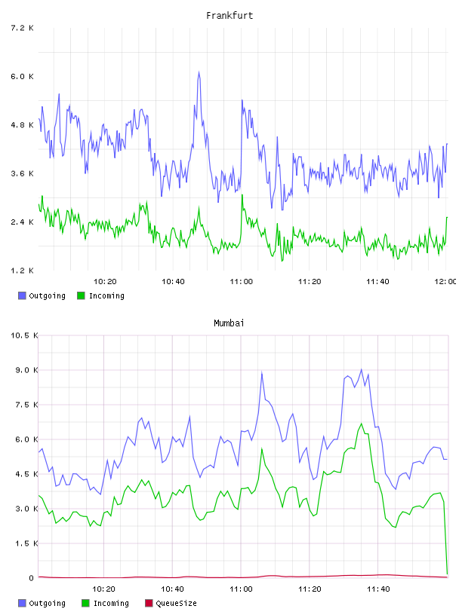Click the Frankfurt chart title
tap(229, 16)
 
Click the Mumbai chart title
tap(229, 323)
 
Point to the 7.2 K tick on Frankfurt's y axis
tap(22, 28)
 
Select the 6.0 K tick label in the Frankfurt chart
tap(22, 76)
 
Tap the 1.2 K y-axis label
tap(22, 271)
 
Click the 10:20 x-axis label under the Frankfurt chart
tap(105, 282)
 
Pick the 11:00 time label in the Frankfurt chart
tap(242, 282)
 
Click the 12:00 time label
tap(445, 282)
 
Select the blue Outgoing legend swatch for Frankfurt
tap(22, 295)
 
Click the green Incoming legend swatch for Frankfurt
tap(81, 295)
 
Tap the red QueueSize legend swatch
tap(149, 603)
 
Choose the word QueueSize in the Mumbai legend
tap(176, 603)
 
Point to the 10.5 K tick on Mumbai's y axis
tap(24, 335)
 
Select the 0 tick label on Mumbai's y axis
tap(32, 578)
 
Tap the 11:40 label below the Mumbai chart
tap(378, 589)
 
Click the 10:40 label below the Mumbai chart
tap(172, 589)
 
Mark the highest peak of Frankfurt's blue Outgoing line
tap(199, 72)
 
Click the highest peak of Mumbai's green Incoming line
tap(362, 424)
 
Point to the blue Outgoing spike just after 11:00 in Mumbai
tap(262, 372)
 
